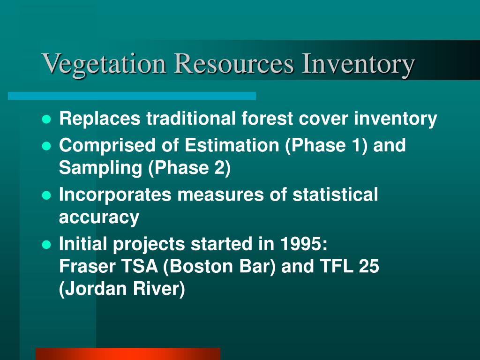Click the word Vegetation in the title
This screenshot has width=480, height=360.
pyautogui.click(x=105, y=64)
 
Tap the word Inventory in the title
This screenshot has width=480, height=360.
pyautogui.click(x=358, y=64)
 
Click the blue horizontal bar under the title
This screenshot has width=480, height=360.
pyautogui.click(x=132, y=96)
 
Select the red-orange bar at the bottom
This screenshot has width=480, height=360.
pyautogui.click(x=127, y=353)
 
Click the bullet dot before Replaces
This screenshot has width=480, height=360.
pyautogui.click(x=46, y=120)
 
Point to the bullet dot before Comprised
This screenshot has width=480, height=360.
pyautogui.click(x=46, y=146)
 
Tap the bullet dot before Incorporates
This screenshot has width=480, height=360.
pyautogui.click(x=46, y=195)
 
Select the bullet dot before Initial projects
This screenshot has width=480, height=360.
pyautogui.click(x=46, y=245)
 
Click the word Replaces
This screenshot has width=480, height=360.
pyautogui.click(x=99, y=119)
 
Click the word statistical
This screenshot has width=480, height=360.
pyautogui.click(x=335, y=195)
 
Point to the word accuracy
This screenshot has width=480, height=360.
pyautogui.click(x=99, y=217)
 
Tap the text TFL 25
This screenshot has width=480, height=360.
pyautogui.click(x=349, y=266)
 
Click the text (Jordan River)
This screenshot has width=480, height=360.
pyautogui.click(x=122, y=289)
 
